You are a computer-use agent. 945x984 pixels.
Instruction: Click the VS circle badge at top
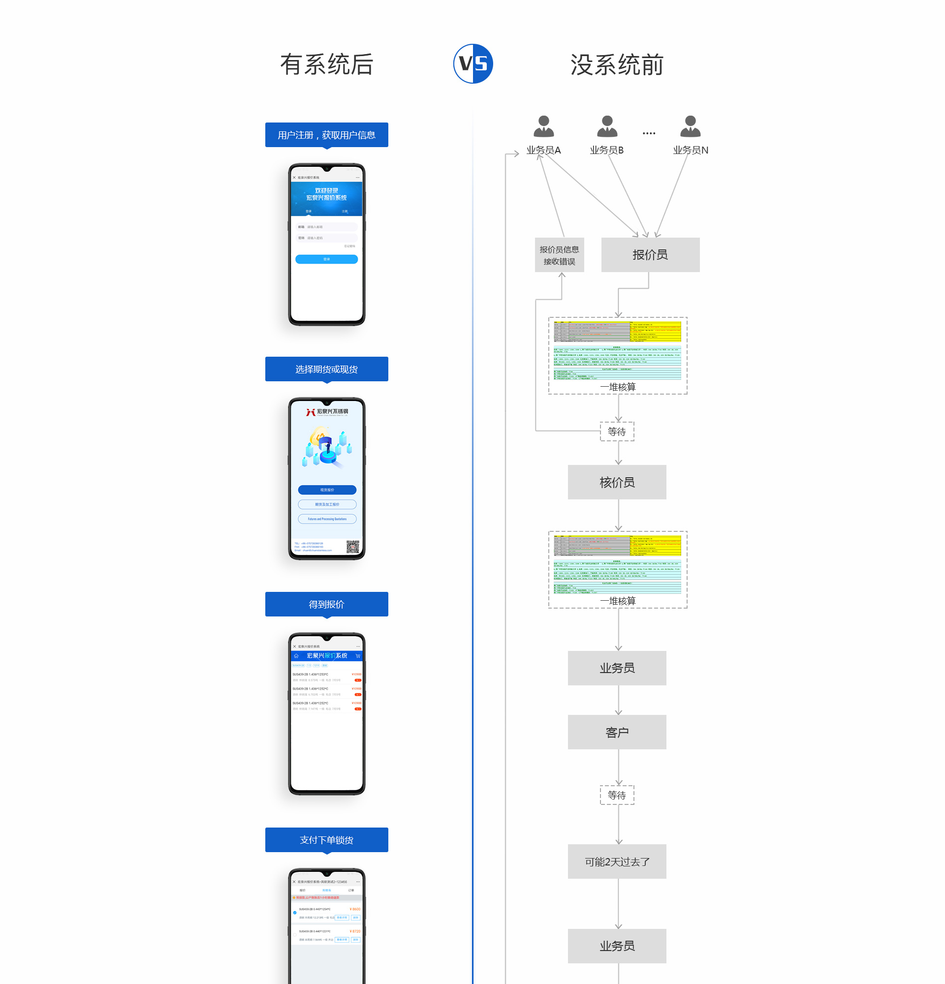[472, 64]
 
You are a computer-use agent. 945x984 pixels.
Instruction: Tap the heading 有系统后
[326, 65]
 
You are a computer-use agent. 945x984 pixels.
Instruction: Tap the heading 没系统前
[617, 65]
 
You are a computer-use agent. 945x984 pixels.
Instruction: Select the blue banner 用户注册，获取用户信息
[326, 135]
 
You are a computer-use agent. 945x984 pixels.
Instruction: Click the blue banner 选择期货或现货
[326, 369]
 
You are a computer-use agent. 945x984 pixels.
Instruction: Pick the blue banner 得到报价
[326, 605]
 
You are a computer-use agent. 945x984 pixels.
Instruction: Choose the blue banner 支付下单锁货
[326, 840]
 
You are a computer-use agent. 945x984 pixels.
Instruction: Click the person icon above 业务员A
[543, 126]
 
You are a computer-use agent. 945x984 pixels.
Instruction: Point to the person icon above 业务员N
[690, 126]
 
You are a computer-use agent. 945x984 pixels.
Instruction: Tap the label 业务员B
[606, 150]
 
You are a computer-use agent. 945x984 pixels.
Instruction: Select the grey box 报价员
[650, 255]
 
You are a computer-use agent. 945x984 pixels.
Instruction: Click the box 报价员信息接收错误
[559, 255]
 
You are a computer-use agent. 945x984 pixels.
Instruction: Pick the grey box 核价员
[617, 483]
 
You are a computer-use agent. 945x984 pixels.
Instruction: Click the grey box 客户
[617, 733]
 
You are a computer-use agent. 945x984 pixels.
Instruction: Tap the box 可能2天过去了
[617, 862]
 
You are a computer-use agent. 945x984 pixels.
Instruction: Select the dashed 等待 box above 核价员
[617, 432]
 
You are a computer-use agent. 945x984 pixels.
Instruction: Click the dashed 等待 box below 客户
[617, 795]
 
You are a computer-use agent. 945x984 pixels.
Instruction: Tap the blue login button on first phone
[326, 259]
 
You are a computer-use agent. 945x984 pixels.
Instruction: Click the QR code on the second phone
[352, 547]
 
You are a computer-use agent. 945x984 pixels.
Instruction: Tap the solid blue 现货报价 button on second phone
[327, 490]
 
